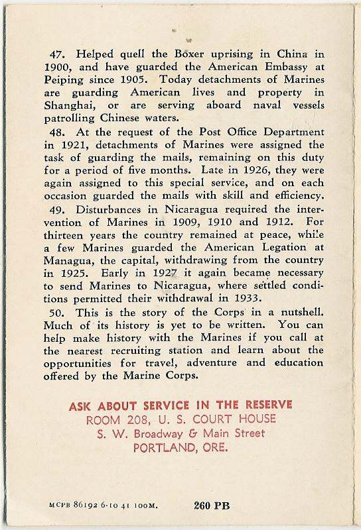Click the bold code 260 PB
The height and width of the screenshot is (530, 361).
[x=212, y=505]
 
